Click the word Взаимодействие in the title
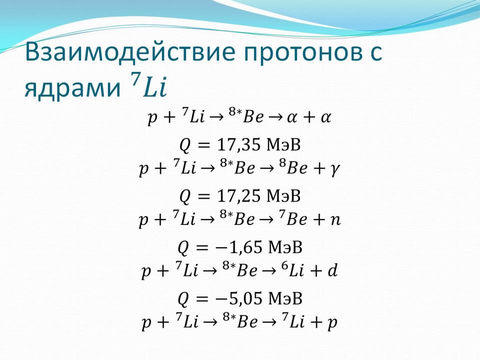click(x=130, y=52)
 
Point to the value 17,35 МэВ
click(x=258, y=145)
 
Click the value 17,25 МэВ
click(x=258, y=196)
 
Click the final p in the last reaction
click(x=332, y=323)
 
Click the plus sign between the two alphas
click(x=309, y=117)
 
